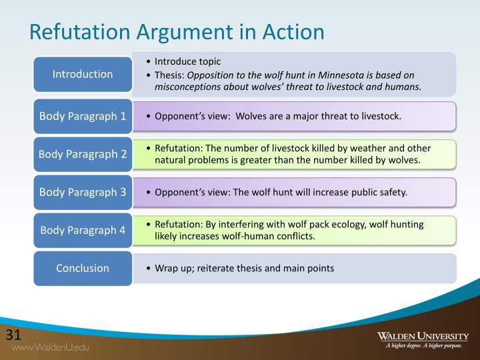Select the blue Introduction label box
83,74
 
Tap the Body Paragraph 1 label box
83,116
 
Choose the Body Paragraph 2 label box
83,154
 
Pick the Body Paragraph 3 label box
83,192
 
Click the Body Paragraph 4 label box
83,231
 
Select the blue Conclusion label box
83,268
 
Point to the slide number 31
14,334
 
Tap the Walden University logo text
423,335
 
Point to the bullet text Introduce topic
187,61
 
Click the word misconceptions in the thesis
189,87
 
